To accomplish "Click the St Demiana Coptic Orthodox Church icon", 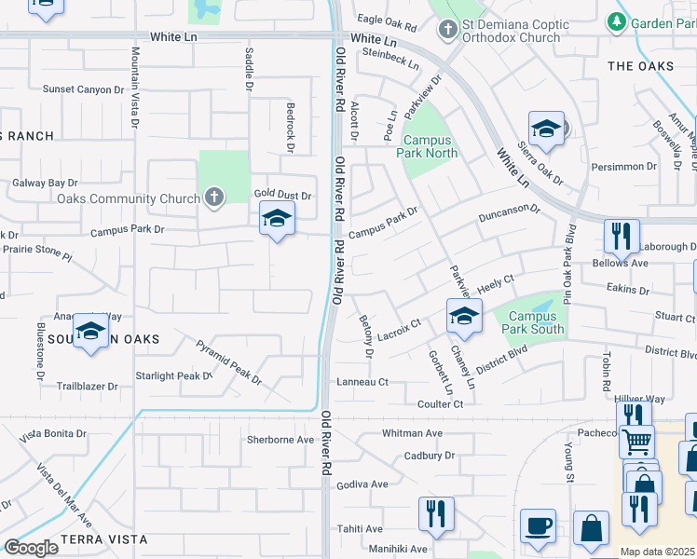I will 448,29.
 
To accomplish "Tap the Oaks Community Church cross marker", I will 214,198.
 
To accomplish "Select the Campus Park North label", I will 430,146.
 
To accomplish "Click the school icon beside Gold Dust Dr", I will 276,220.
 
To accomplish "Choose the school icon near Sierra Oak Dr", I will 546,130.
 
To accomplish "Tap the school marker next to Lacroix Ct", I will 463,317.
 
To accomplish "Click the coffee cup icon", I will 538,526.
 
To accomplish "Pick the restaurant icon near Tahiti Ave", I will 436,514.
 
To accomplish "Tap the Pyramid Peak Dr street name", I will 229,362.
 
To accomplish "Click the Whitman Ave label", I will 412,433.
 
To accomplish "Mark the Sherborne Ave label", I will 280,439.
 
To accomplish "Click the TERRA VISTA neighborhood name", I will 104,539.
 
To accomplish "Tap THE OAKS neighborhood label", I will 640,66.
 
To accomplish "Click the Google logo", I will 31,548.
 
